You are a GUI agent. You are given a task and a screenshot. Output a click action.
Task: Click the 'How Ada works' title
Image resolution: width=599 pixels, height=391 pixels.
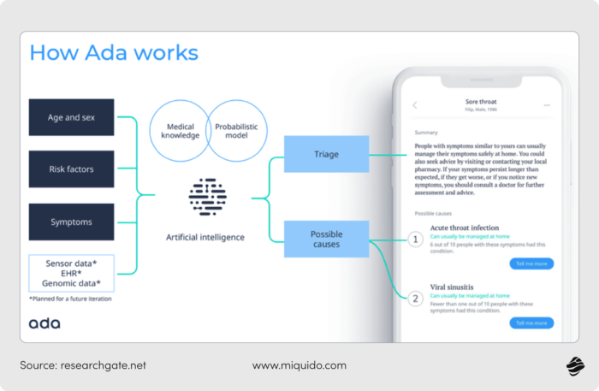(x=114, y=53)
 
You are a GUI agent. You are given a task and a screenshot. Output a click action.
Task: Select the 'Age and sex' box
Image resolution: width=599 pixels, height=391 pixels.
(x=71, y=117)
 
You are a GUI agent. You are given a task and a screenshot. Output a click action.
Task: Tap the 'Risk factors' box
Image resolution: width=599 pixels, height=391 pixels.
(x=71, y=169)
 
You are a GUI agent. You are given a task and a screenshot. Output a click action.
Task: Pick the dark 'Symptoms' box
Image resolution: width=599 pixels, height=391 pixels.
(x=71, y=222)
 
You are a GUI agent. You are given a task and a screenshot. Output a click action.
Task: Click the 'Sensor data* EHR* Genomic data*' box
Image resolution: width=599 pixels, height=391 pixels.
(x=71, y=272)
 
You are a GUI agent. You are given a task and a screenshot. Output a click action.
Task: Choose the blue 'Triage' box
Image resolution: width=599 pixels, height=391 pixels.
(x=326, y=154)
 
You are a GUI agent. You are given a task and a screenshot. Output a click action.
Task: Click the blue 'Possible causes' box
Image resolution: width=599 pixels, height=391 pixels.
(x=326, y=239)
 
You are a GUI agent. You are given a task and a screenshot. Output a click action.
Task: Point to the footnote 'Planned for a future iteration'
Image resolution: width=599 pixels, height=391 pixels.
(x=70, y=299)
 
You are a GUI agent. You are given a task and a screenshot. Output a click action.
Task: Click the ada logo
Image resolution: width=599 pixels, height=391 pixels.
(x=44, y=323)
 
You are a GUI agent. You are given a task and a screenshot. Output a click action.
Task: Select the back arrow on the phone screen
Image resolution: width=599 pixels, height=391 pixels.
(x=415, y=105)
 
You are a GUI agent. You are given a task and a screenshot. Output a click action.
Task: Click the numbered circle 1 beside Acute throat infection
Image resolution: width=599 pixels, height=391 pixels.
(x=415, y=240)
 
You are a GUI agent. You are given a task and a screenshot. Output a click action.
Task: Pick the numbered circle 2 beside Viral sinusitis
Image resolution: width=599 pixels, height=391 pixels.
(x=415, y=299)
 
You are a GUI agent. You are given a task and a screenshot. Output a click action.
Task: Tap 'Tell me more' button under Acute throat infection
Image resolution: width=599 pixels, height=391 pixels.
(x=531, y=264)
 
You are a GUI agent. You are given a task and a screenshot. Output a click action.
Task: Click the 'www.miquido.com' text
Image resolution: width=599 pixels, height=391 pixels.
(x=299, y=365)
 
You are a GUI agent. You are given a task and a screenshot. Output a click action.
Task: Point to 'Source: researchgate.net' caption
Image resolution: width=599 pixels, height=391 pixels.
(x=83, y=365)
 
